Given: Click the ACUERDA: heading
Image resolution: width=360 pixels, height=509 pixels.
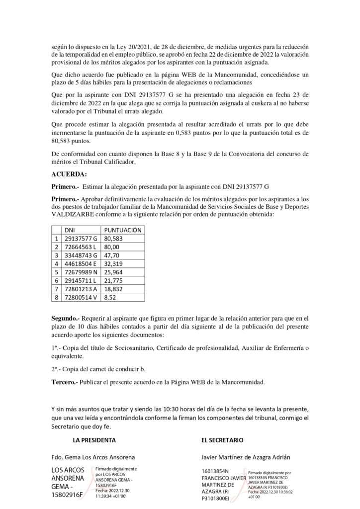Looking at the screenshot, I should [69, 174].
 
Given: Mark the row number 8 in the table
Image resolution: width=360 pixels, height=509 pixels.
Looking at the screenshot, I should [57, 298].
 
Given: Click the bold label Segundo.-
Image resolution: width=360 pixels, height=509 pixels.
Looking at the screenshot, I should [66, 317].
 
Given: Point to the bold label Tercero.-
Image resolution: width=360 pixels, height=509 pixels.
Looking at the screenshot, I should [65, 382].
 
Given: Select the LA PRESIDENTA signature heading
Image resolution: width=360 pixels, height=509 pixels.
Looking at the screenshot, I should [94, 440].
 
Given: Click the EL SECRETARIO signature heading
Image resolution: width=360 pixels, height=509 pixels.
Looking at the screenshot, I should [222, 440].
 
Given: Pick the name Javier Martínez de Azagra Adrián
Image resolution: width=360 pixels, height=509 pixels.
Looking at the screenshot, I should [246, 457].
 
